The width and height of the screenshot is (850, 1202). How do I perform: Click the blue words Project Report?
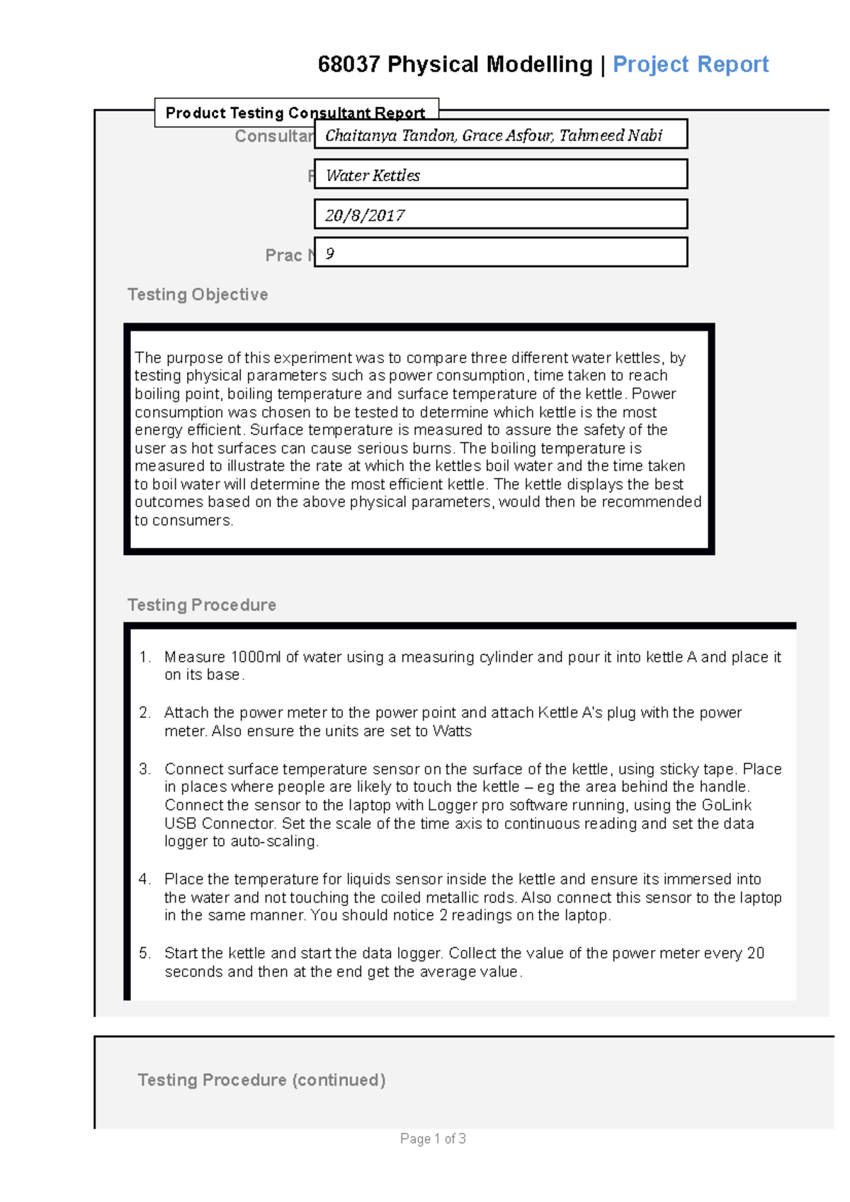coord(690,64)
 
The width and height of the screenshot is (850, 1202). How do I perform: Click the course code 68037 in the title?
coord(348,64)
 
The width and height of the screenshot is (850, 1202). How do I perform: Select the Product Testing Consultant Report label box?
coord(295,113)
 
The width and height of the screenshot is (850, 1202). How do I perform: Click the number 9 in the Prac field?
coord(330,253)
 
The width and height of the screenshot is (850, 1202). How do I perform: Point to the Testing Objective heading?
coord(198,294)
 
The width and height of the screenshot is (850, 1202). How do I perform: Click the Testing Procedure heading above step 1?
coord(202,605)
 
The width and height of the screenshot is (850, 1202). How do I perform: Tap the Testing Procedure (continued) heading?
coord(261,1080)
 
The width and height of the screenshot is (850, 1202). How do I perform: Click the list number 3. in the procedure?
coord(145,769)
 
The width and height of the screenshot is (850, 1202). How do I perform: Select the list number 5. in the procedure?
coord(145,953)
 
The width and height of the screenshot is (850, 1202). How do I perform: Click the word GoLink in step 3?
coord(726,805)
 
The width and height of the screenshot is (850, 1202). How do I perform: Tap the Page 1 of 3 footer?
coord(433,1138)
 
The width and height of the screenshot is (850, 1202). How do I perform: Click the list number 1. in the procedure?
coord(145,657)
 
